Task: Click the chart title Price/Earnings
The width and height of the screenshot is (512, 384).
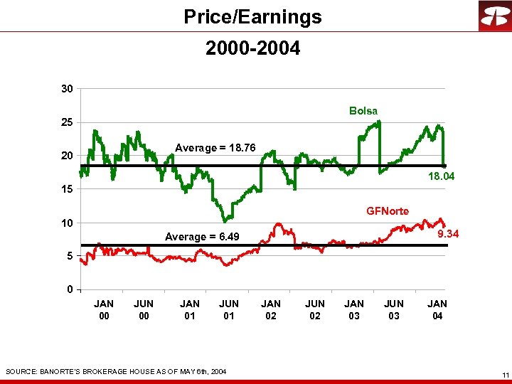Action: [x=252, y=16]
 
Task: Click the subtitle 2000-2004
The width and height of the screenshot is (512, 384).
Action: [x=252, y=48]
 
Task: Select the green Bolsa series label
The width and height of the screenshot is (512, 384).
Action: [x=363, y=111]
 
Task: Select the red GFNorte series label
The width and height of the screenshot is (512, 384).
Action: [x=388, y=210]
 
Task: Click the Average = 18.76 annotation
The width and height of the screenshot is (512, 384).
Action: [x=215, y=148]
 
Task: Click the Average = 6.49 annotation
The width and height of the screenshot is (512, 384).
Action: [x=202, y=237]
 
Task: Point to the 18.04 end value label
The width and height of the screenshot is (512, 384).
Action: [x=441, y=176]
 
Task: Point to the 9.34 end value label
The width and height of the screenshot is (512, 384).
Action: [x=448, y=233]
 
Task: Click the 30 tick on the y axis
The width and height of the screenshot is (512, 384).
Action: [x=66, y=89]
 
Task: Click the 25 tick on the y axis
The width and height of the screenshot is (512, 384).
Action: [x=66, y=122]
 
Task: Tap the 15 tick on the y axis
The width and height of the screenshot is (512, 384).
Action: [x=66, y=190]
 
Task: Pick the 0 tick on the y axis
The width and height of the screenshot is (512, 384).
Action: [x=69, y=289]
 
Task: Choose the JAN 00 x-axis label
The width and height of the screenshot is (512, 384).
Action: [x=104, y=310]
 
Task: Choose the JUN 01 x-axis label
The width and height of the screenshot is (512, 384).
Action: [x=228, y=310]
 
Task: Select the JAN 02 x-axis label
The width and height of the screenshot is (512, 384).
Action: [x=271, y=310]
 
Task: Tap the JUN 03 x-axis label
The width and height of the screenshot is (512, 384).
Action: [x=394, y=310]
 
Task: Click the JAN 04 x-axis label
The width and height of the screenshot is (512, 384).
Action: [x=437, y=310]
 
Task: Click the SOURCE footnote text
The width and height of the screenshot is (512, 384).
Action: [x=116, y=371]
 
